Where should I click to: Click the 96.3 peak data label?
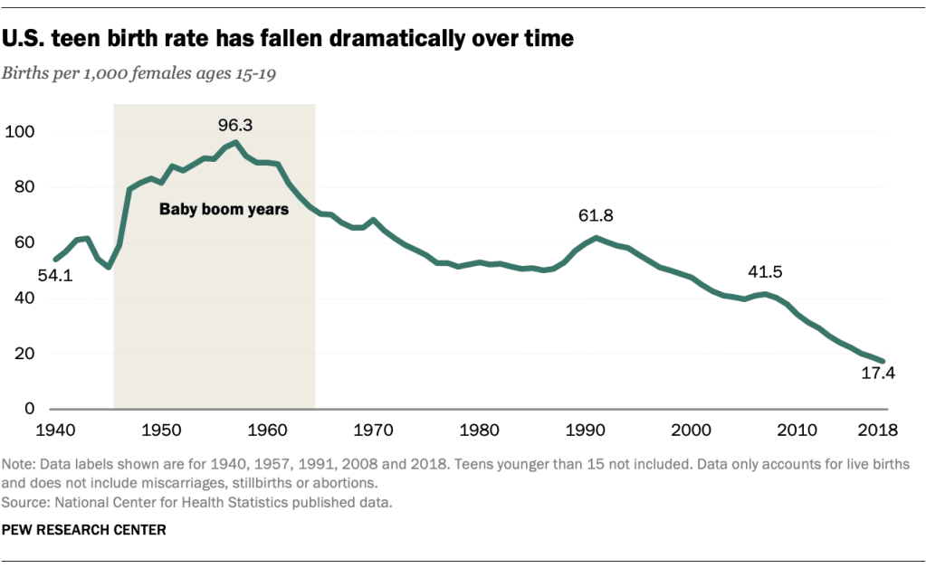coord(234,125)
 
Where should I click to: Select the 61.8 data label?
coord(595,215)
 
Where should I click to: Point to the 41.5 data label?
coord(764,272)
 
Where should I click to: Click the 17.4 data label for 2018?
coord(877,374)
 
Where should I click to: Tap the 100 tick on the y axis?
coord(19,132)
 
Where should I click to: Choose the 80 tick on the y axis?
coord(23,187)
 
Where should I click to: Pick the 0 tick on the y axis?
coord(27,409)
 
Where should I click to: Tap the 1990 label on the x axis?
coord(585,428)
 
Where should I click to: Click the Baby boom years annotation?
coord(224,209)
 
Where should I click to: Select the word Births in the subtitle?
coord(24,73)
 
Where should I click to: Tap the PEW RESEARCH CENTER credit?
coord(84,530)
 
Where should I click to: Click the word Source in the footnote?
coord(21,503)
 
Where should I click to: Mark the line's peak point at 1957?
coord(236,142)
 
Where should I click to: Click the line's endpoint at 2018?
coord(884,361)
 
